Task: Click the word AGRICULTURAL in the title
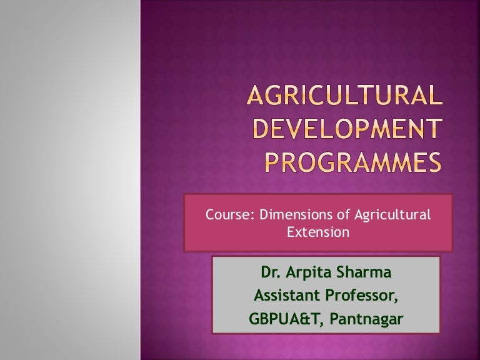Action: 342,98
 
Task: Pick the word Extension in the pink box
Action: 317,232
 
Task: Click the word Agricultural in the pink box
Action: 392,215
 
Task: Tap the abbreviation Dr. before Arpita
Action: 271,273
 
